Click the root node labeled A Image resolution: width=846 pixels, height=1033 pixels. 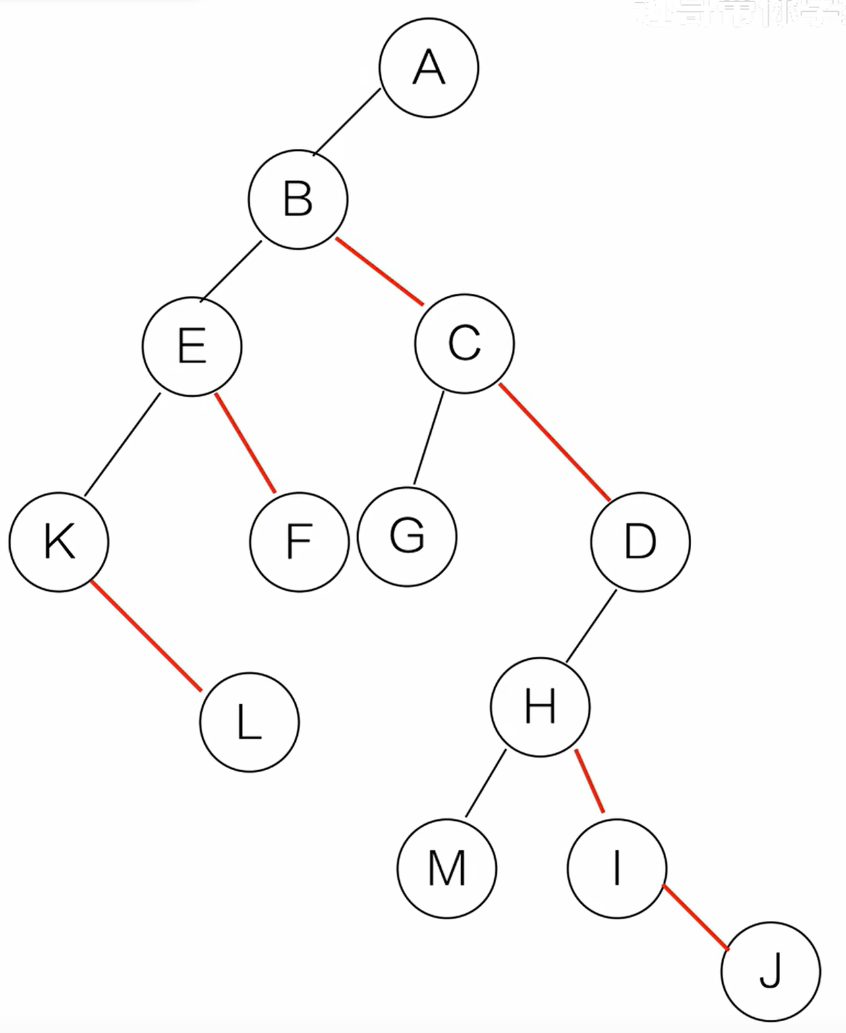pyautogui.click(x=429, y=68)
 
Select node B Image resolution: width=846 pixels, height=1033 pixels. pyautogui.click(x=298, y=200)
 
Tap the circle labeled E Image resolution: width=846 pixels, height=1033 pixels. pyautogui.click(x=192, y=347)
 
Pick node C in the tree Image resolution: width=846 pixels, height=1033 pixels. pyautogui.click(x=465, y=343)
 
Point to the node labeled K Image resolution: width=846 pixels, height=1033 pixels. pyautogui.click(x=59, y=542)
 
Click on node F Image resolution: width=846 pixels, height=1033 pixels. pyautogui.click(x=299, y=542)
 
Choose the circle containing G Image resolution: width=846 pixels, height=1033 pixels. pyautogui.click(x=407, y=536)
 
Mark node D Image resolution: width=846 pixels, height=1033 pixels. pyautogui.click(x=640, y=542)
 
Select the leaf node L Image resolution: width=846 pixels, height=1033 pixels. pyautogui.click(x=250, y=722)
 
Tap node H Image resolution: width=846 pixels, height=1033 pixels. pyautogui.click(x=540, y=706)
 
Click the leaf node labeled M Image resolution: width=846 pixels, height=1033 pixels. pyautogui.click(x=447, y=868)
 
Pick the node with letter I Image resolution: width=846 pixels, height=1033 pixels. pyautogui.click(x=617, y=868)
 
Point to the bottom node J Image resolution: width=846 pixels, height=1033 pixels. pyautogui.click(x=771, y=971)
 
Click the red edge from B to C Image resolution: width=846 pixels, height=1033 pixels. pyautogui.click(x=380, y=271)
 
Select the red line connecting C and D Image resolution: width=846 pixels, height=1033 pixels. pyautogui.click(x=554, y=441)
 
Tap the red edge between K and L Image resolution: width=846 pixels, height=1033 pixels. pyautogui.click(x=146, y=636)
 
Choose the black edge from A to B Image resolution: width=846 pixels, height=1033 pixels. pyautogui.click(x=347, y=122)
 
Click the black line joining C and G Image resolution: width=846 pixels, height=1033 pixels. pyautogui.click(x=428, y=439)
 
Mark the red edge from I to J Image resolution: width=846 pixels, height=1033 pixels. pyautogui.click(x=696, y=918)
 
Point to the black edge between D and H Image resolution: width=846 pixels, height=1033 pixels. pyautogui.click(x=591, y=625)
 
